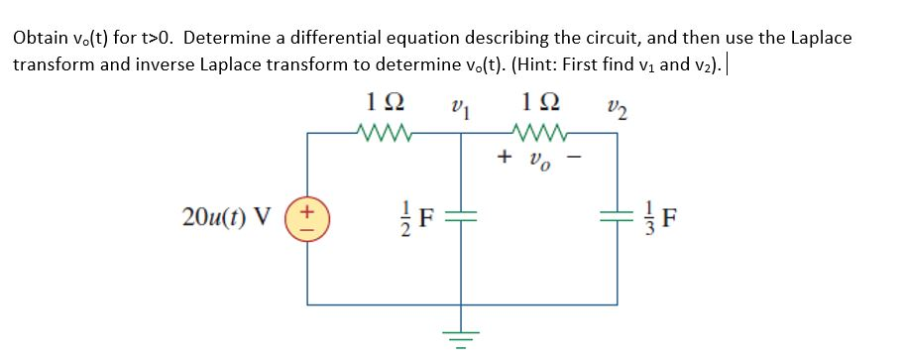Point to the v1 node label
459,105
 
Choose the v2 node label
616,105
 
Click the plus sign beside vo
506,157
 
